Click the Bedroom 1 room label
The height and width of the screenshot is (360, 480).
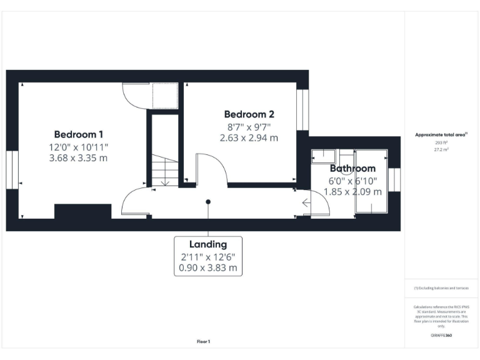coord(79,134)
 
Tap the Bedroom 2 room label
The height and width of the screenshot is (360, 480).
coord(249,114)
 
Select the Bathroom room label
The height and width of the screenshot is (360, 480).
coord(352,168)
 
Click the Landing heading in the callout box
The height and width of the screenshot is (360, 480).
coord(208,244)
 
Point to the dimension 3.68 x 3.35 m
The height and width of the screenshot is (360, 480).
coord(79,158)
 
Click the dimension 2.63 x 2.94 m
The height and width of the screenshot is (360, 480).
coord(249,137)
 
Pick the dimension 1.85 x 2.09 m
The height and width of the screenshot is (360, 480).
coord(352,192)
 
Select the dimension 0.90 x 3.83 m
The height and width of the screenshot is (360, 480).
coord(208,268)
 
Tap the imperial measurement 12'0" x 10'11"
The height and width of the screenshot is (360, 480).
coord(79,147)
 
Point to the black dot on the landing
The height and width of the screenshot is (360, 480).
coord(208,202)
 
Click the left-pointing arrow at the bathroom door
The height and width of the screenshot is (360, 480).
coord(306,202)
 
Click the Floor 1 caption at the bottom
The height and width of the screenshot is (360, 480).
coord(204,341)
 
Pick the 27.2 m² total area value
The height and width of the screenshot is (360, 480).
coord(442,150)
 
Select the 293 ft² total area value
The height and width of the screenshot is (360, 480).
coord(442,142)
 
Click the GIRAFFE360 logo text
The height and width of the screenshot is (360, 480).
coord(442,336)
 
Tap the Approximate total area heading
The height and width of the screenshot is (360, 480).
coord(442,134)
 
